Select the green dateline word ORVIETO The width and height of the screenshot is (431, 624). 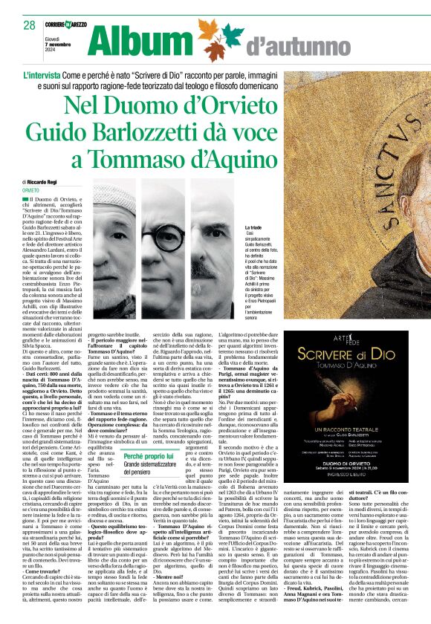31,190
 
